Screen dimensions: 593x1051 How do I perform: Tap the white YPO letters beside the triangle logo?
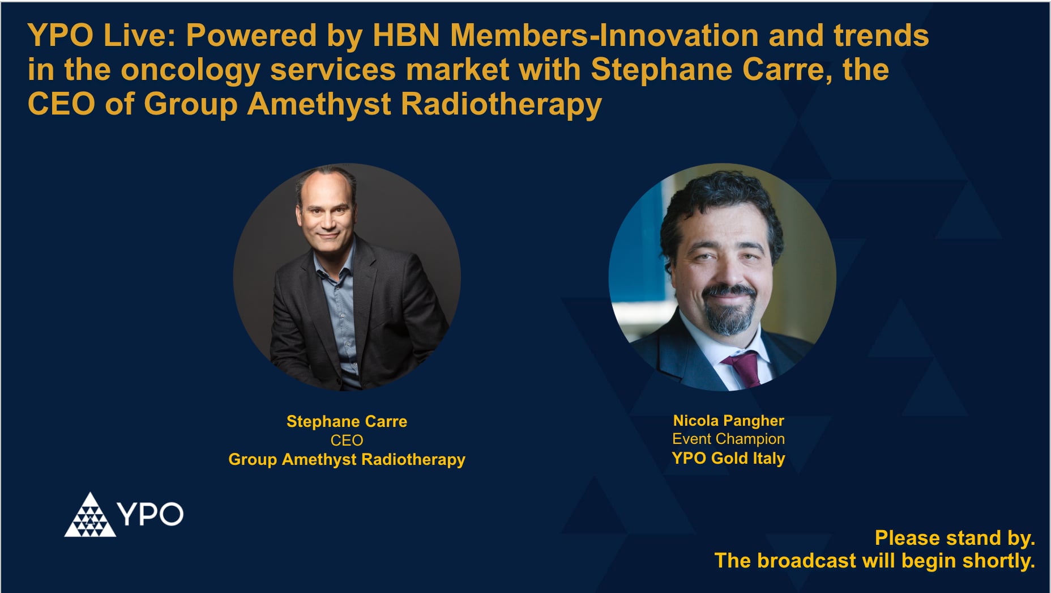(150, 514)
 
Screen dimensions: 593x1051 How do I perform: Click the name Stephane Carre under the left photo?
(347, 421)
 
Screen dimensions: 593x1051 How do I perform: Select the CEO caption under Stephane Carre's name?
(347, 440)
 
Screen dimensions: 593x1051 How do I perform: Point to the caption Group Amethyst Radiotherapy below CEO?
(347, 459)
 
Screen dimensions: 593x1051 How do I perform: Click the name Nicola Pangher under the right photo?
(728, 421)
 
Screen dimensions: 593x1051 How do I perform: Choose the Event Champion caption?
(728, 439)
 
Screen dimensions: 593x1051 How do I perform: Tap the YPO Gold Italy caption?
(728, 458)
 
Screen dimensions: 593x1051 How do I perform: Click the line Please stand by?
(955, 537)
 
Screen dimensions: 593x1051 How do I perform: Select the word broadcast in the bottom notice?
(806, 561)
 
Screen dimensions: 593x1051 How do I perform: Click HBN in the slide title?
(406, 35)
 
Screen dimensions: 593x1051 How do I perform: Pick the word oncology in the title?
(190, 70)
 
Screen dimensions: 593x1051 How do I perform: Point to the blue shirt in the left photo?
(343, 317)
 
